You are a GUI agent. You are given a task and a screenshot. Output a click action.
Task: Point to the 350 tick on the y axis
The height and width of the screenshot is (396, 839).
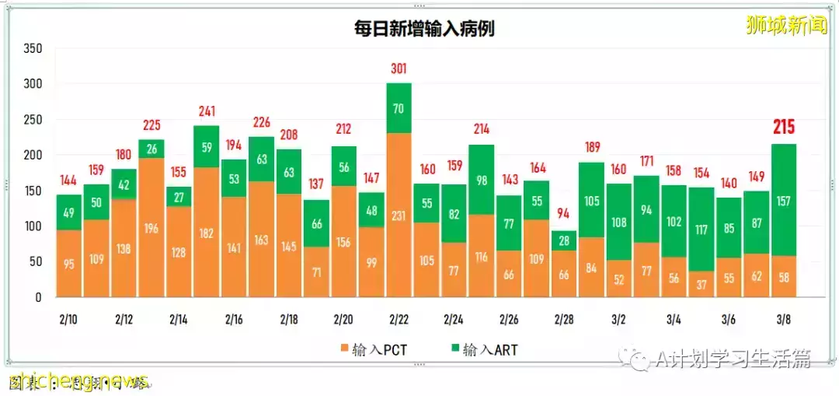tap(33, 48)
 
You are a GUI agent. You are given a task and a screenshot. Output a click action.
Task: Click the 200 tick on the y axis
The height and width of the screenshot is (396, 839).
tap(33, 155)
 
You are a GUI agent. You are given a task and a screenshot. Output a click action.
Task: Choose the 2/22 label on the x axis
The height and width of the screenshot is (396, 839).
tap(399, 320)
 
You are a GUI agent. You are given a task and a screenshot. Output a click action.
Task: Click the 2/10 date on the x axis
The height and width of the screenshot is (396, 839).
tap(68, 320)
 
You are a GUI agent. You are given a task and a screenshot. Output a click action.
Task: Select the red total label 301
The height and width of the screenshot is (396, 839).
tap(399, 69)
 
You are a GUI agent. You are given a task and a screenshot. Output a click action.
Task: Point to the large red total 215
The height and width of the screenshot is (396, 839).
tap(783, 128)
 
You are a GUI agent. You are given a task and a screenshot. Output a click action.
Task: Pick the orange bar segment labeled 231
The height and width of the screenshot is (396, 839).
tap(399, 215)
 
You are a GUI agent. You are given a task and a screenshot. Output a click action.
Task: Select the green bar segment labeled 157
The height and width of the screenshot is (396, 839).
tap(783, 200)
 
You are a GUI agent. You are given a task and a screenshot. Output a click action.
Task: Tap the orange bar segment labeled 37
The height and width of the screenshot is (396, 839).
tap(701, 284)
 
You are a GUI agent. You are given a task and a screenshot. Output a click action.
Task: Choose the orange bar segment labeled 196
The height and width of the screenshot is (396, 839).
tap(151, 227)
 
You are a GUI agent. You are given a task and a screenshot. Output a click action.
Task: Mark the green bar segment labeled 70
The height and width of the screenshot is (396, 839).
tap(399, 108)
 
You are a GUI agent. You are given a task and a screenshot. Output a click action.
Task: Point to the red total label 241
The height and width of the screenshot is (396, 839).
tap(206, 110)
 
